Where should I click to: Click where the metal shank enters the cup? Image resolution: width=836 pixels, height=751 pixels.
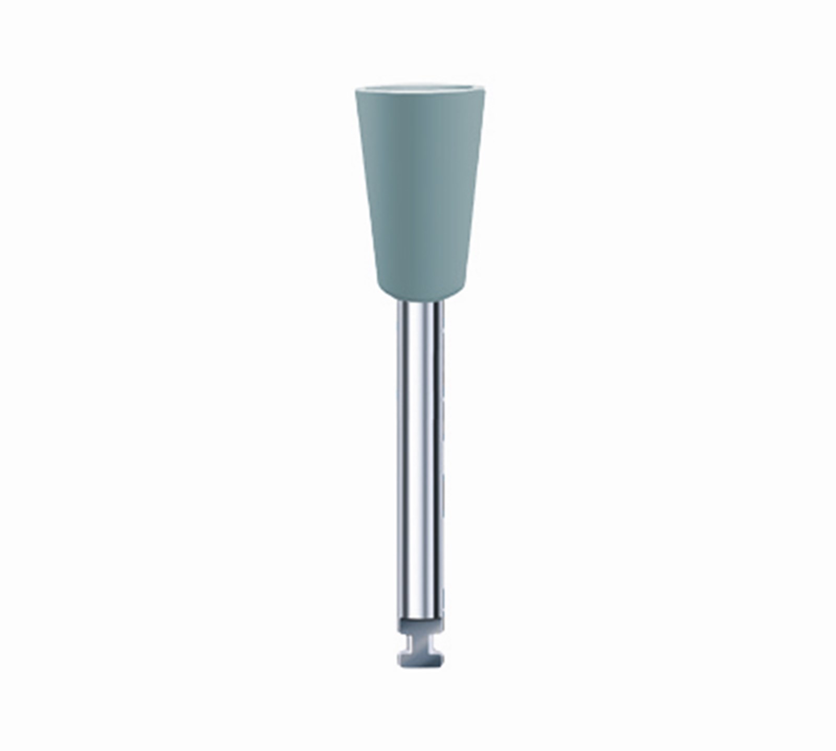point(421,303)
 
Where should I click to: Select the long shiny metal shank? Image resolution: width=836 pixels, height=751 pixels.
point(421,460)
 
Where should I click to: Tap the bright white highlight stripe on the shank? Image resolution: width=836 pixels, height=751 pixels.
point(413,460)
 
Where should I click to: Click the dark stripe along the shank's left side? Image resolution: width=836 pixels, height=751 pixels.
point(400,460)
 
